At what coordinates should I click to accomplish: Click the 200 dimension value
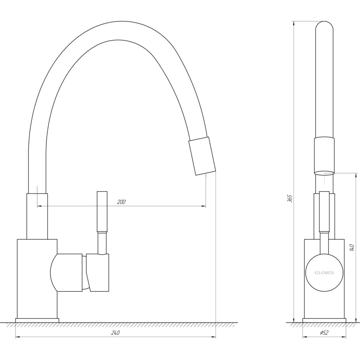(x=121, y=202)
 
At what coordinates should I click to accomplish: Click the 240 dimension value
(x=115, y=333)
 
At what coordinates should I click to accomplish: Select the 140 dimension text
(x=352, y=248)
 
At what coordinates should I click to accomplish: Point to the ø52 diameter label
(x=324, y=333)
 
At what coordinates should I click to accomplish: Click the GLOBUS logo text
(x=324, y=273)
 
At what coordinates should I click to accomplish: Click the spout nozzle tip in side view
(x=202, y=156)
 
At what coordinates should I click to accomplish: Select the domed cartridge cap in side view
(x=66, y=273)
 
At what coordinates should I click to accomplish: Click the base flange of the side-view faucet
(x=37, y=320)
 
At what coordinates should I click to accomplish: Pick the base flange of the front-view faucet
(x=324, y=320)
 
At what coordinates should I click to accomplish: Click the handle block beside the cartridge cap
(x=98, y=273)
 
